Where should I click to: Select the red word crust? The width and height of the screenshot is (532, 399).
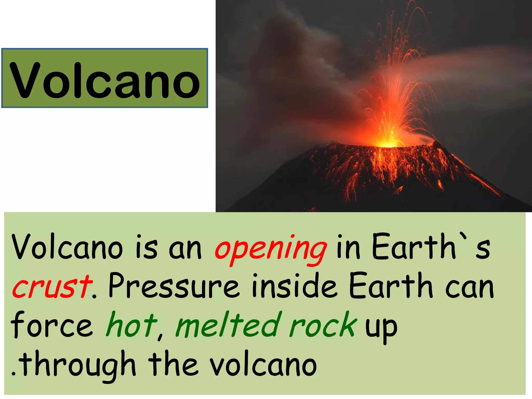tap(52, 287)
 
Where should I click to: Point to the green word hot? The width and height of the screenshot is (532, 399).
tap(131, 325)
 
